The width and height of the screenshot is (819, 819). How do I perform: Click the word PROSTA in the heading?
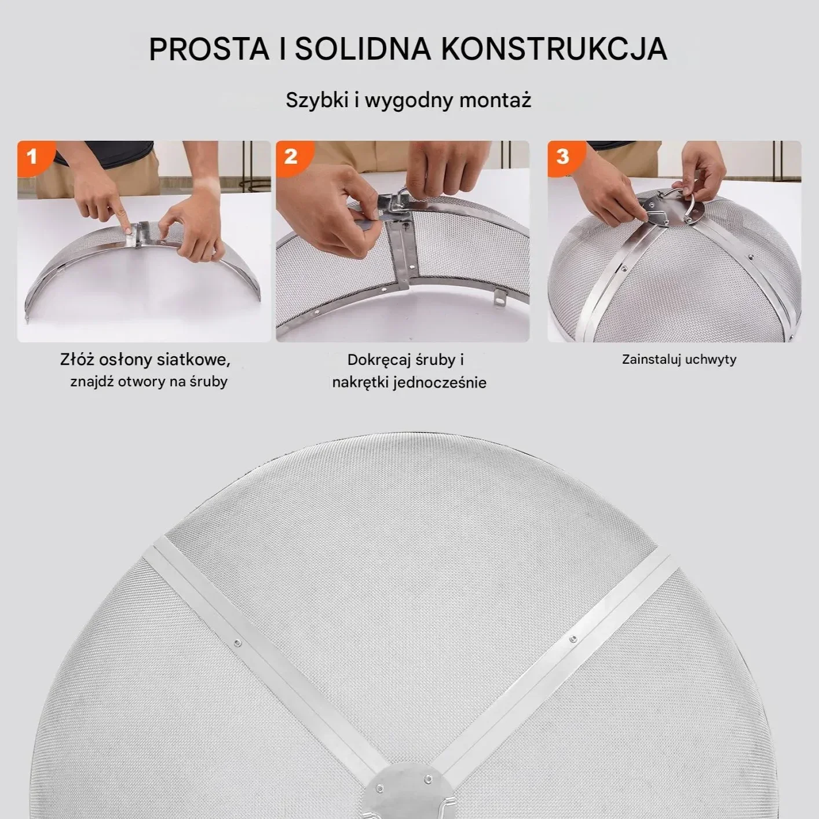(209, 49)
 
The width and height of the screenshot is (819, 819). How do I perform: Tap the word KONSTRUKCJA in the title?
(554, 49)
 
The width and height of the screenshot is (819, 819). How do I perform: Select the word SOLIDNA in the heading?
(363, 49)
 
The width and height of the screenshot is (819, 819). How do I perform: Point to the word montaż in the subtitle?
(495, 101)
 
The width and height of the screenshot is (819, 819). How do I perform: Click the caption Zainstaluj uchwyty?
(679, 360)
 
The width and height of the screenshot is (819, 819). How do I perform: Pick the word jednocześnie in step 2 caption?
(439, 383)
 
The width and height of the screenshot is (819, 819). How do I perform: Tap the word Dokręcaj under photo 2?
(379, 360)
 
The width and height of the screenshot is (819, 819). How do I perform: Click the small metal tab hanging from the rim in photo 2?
(500, 298)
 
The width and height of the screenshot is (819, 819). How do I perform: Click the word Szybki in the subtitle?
(317, 101)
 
